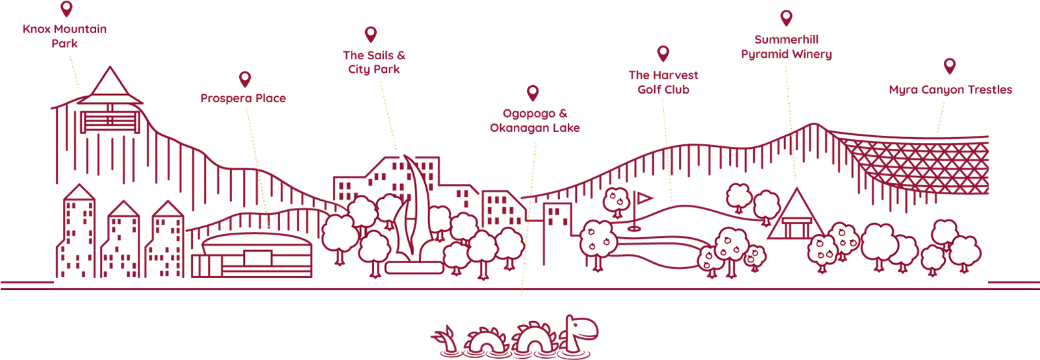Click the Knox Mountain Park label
tap(64, 36)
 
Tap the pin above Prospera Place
tap(245, 79)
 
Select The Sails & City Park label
tap(374, 62)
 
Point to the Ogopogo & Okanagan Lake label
tap(535, 121)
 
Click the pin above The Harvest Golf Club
tap(663, 53)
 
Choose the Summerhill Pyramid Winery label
tap(786, 47)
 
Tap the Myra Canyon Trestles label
tap(950, 90)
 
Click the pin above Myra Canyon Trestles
tap(949, 66)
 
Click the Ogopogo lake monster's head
tap(581, 328)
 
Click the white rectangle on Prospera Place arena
tap(257, 258)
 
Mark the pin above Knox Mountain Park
tap(66, 8)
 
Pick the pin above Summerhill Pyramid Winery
tap(786, 18)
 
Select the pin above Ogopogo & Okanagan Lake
tap(533, 92)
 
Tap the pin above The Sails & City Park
tap(370, 34)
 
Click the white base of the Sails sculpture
tap(414, 267)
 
